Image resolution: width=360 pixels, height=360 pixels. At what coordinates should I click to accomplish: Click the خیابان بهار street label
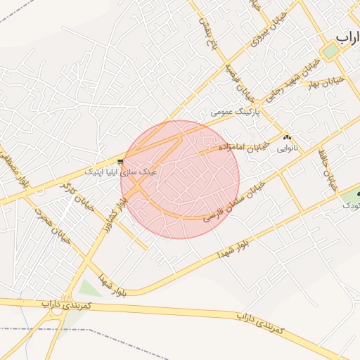click(x=325, y=82)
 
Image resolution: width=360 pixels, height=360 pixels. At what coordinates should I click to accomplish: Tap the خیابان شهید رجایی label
click(x=286, y=83)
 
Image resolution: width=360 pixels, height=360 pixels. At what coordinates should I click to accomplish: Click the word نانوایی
click(x=287, y=148)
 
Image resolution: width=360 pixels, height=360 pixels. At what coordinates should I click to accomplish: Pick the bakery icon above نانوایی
click(x=287, y=137)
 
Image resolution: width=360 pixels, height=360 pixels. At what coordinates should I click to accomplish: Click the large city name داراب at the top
click(x=349, y=37)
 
